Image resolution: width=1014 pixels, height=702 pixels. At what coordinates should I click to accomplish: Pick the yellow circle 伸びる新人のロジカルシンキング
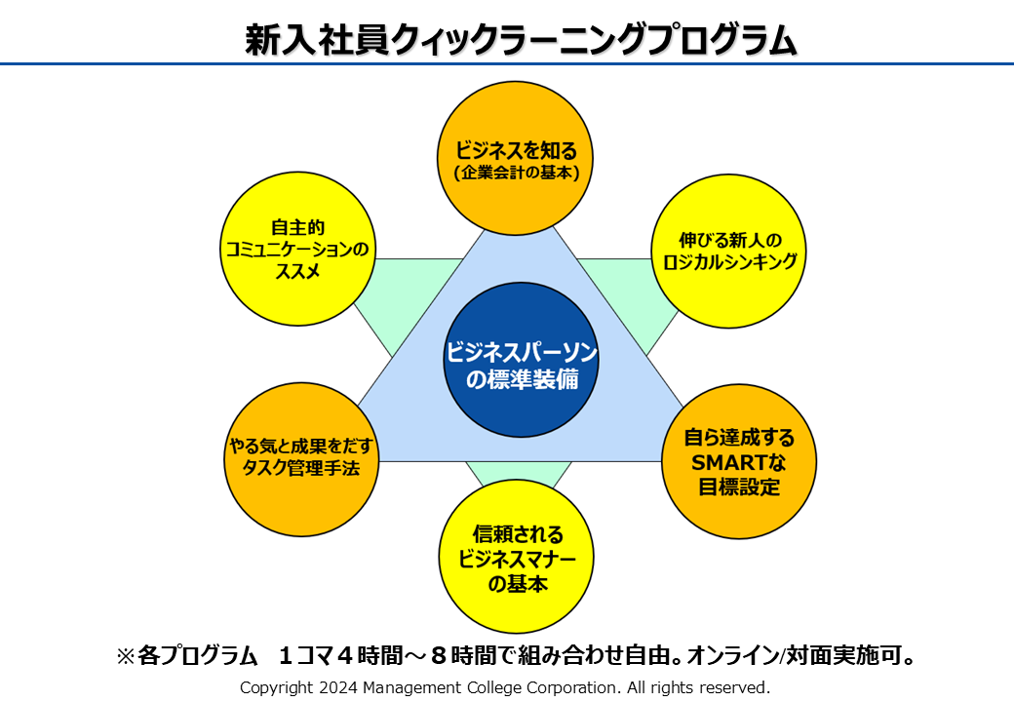[x=728, y=251]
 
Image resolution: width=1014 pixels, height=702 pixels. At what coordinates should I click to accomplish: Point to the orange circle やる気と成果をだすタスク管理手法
[x=299, y=458]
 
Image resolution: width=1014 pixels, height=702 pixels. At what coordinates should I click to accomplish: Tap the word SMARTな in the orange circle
[x=738, y=462]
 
